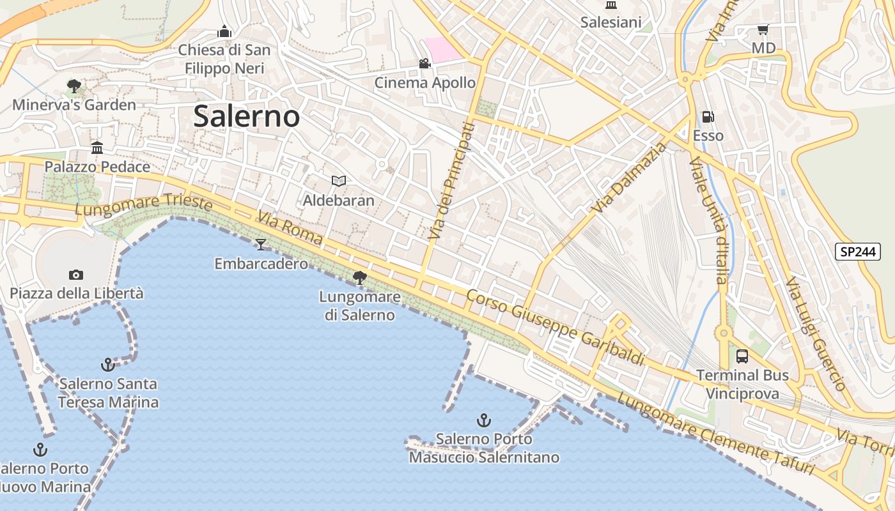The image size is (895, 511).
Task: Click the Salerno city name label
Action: click(246, 116)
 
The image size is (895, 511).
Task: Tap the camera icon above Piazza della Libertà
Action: click(76, 275)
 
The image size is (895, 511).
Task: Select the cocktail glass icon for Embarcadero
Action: click(260, 244)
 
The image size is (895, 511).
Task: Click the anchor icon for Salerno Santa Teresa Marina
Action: click(108, 365)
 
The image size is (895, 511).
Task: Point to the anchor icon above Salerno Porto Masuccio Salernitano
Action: click(484, 420)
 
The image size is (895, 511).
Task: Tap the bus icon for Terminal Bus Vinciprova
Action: click(742, 356)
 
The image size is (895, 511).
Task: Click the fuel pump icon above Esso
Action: click(708, 117)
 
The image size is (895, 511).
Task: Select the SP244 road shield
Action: click(857, 252)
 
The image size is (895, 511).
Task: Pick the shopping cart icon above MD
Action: click(763, 30)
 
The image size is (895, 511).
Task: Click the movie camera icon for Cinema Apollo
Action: click(424, 63)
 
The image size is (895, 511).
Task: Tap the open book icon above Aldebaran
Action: click(338, 181)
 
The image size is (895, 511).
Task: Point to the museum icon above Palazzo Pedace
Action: click(97, 148)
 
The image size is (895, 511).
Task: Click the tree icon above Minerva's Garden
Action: click(74, 86)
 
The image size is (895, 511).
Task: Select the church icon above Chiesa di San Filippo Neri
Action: click(224, 31)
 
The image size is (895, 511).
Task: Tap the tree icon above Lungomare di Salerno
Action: click(360, 277)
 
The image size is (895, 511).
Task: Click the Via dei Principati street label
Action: click(452, 181)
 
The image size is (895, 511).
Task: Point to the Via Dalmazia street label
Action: click(629, 178)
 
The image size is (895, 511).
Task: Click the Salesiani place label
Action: click(611, 22)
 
